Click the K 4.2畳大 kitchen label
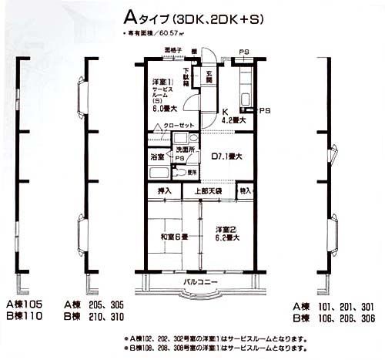click(x=232, y=116)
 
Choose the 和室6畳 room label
click(x=172, y=237)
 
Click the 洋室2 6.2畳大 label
click(x=228, y=234)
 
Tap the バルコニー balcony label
click(x=199, y=281)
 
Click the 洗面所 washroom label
click(x=185, y=148)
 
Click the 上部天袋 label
click(x=207, y=190)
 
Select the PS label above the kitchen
click(x=243, y=52)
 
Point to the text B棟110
click(x=28, y=316)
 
